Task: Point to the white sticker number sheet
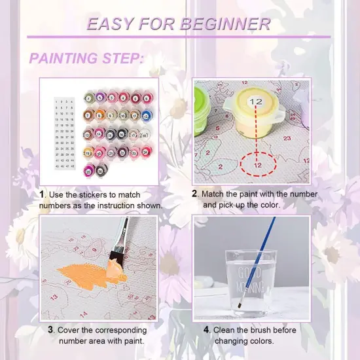coord(65,133)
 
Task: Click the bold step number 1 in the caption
coord(42,194)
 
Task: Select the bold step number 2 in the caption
coord(194,194)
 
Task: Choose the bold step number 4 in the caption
coord(207,330)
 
